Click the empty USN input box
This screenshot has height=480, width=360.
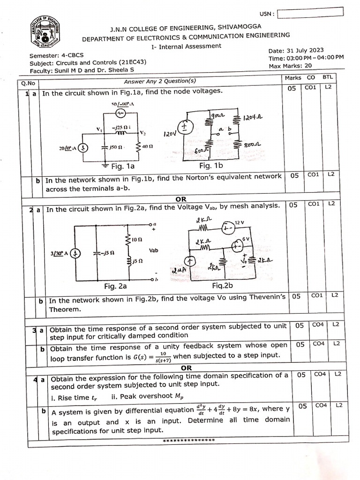[x=314, y=13]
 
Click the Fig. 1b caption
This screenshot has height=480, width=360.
[x=211, y=165]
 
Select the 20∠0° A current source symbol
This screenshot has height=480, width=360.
[x=82, y=148]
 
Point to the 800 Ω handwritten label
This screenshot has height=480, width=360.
[x=253, y=146]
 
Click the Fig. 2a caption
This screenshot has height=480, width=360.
[x=115, y=286]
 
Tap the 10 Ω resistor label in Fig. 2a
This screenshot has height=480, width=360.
[x=136, y=239]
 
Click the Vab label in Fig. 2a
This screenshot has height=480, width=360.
[x=153, y=251]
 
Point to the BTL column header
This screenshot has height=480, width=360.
[x=327, y=77]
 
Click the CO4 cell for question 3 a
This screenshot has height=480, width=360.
[x=318, y=324]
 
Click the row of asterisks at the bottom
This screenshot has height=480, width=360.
[x=188, y=440]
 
